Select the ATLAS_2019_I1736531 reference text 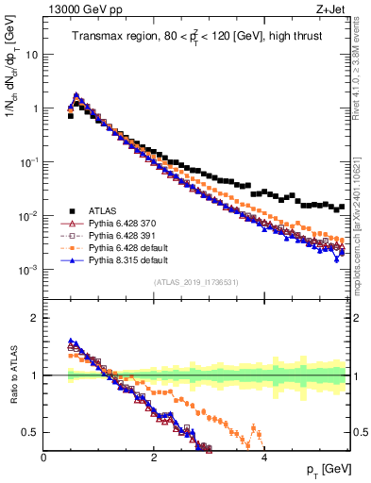196,282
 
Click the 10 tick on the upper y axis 31,54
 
